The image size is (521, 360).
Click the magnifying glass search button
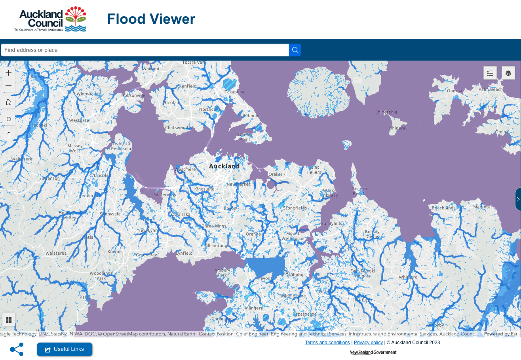(x=295, y=50)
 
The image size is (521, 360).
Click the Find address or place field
(x=145, y=50)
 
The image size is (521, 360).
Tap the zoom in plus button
(x=9, y=73)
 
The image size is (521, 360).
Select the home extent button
(x=9, y=102)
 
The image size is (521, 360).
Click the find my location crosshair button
(x=9, y=119)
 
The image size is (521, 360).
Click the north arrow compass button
(x=9, y=135)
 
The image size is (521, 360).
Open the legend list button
(x=490, y=73)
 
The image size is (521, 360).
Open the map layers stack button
(x=508, y=73)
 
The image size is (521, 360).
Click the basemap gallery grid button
(x=9, y=320)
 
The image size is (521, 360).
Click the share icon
(x=17, y=349)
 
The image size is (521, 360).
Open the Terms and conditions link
(x=327, y=343)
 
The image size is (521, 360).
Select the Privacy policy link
(x=368, y=343)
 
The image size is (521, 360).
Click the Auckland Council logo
(x=51, y=19)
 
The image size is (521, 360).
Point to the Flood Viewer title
(x=151, y=19)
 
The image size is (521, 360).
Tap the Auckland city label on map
(x=224, y=166)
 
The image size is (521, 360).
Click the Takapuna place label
(x=234, y=92)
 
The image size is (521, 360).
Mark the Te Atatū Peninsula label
(x=121, y=146)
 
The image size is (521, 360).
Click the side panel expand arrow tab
(x=518, y=199)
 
